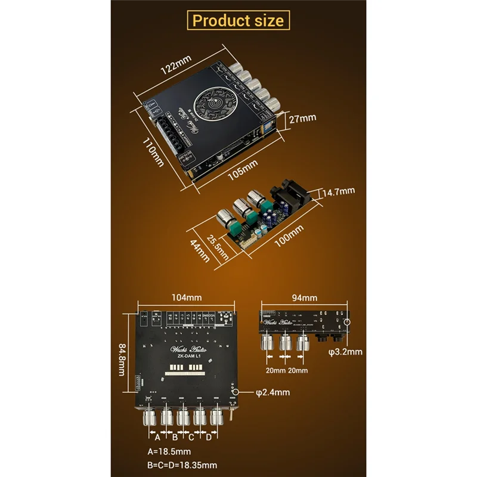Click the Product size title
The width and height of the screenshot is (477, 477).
[238, 20]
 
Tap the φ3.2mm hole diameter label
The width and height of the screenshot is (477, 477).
[345, 352]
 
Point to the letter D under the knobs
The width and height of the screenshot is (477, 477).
[208, 436]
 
